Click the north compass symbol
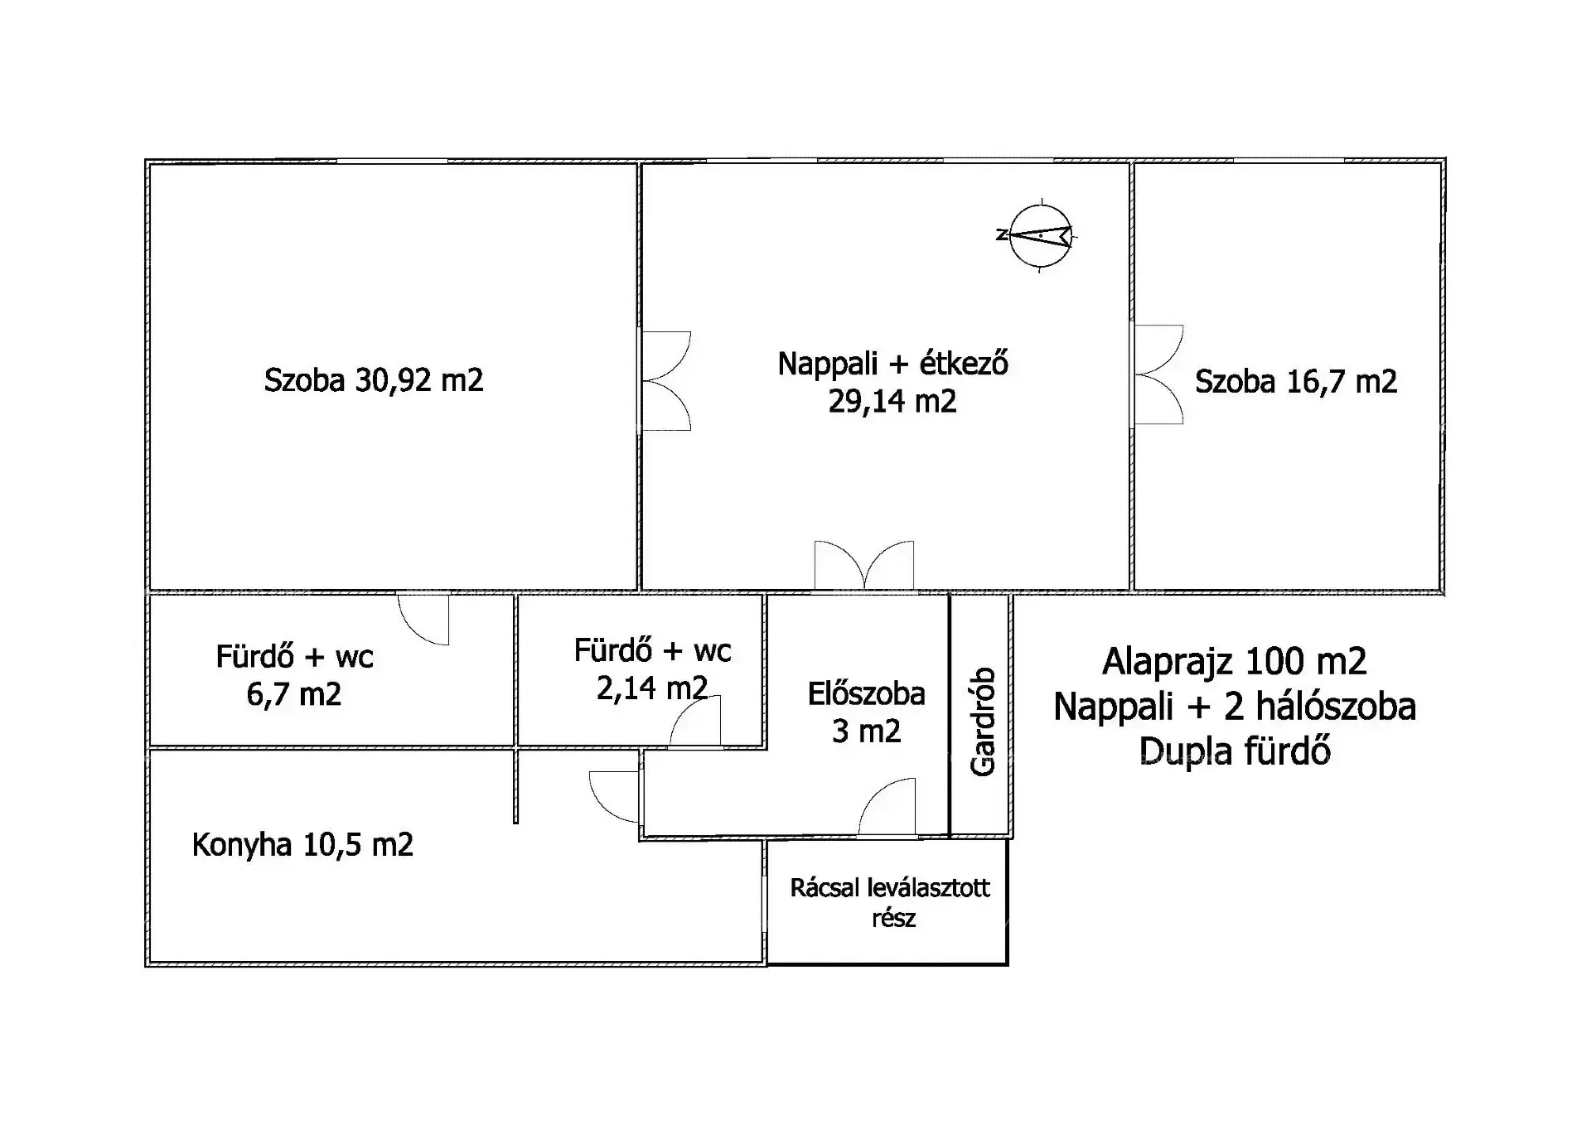point(1037,235)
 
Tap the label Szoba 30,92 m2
point(374,380)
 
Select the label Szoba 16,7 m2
point(1296,381)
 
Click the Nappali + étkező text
point(893,364)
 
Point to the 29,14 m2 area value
point(892,402)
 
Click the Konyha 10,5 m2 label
point(302,845)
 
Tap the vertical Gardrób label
point(983,722)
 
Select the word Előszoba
point(867,693)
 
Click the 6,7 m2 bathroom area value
point(294,694)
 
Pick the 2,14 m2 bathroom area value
point(652,688)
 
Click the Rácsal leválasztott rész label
point(890,902)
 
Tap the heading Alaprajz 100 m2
point(1235,661)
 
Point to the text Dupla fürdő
point(1235,751)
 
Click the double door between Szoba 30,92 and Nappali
point(667,381)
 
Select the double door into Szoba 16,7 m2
point(1158,374)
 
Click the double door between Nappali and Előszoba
point(864,565)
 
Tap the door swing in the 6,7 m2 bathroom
point(423,619)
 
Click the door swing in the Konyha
point(615,796)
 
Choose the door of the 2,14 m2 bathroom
point(695,721)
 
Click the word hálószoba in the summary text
point(1336,706)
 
